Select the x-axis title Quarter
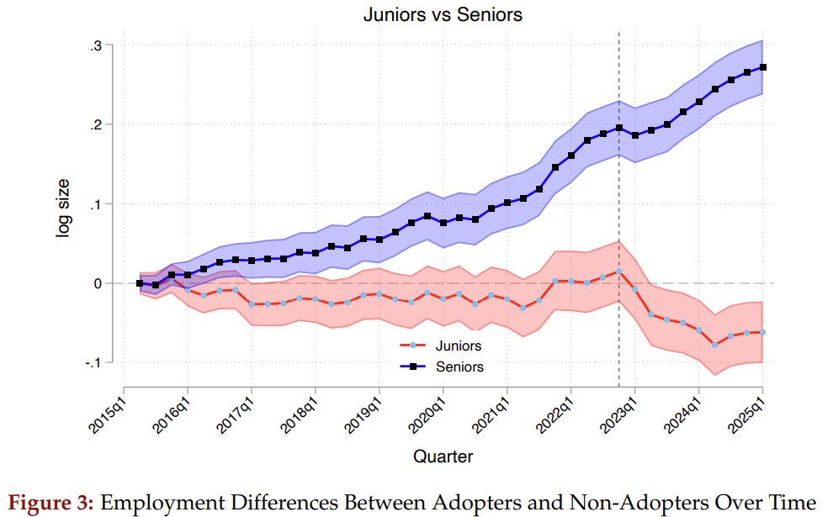click(x=442, y=456)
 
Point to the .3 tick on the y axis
click(x=96, y=45)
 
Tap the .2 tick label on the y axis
click(x=96, y=125)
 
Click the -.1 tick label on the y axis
click(x=93, y=363)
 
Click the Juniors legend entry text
click(x=459, y=346)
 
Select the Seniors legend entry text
click(x=460, y=367)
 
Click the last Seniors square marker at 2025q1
click(x=762, y=67)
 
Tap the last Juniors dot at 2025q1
click(x=762, y=332)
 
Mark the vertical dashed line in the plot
click(x=619, y=210)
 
